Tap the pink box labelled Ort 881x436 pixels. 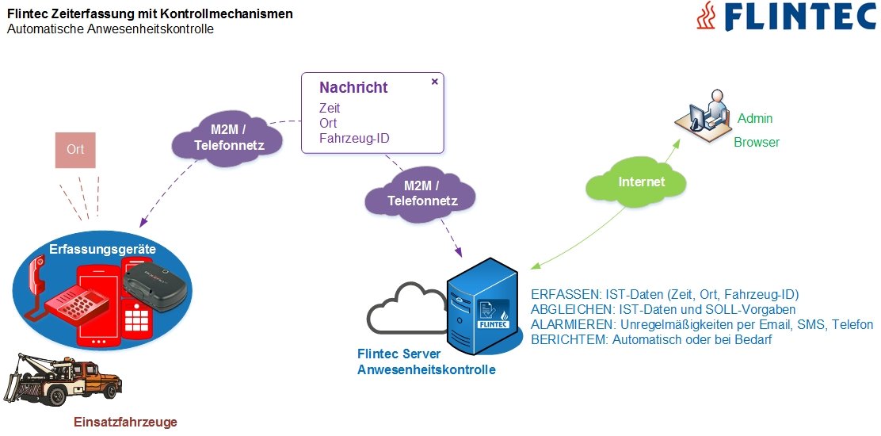click(75, 150)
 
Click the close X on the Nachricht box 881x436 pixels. click(434, 81)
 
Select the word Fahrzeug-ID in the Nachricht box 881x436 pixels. click(354, 139)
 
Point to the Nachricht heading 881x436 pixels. click(353, 88)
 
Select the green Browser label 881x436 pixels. click(757, 143)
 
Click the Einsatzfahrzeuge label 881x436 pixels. click(125, 422)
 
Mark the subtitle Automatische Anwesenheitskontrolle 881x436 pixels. click(110, 29)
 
